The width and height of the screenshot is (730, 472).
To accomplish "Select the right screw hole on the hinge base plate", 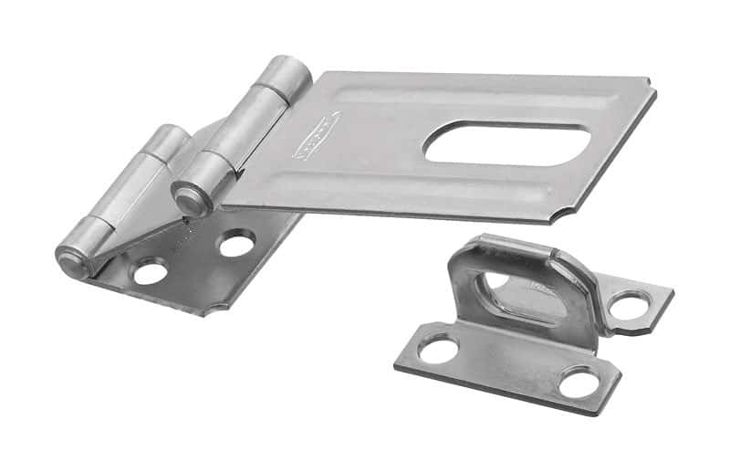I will click(x=236, y=244).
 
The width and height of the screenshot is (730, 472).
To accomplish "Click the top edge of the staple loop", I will click(x=511, y=245).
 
